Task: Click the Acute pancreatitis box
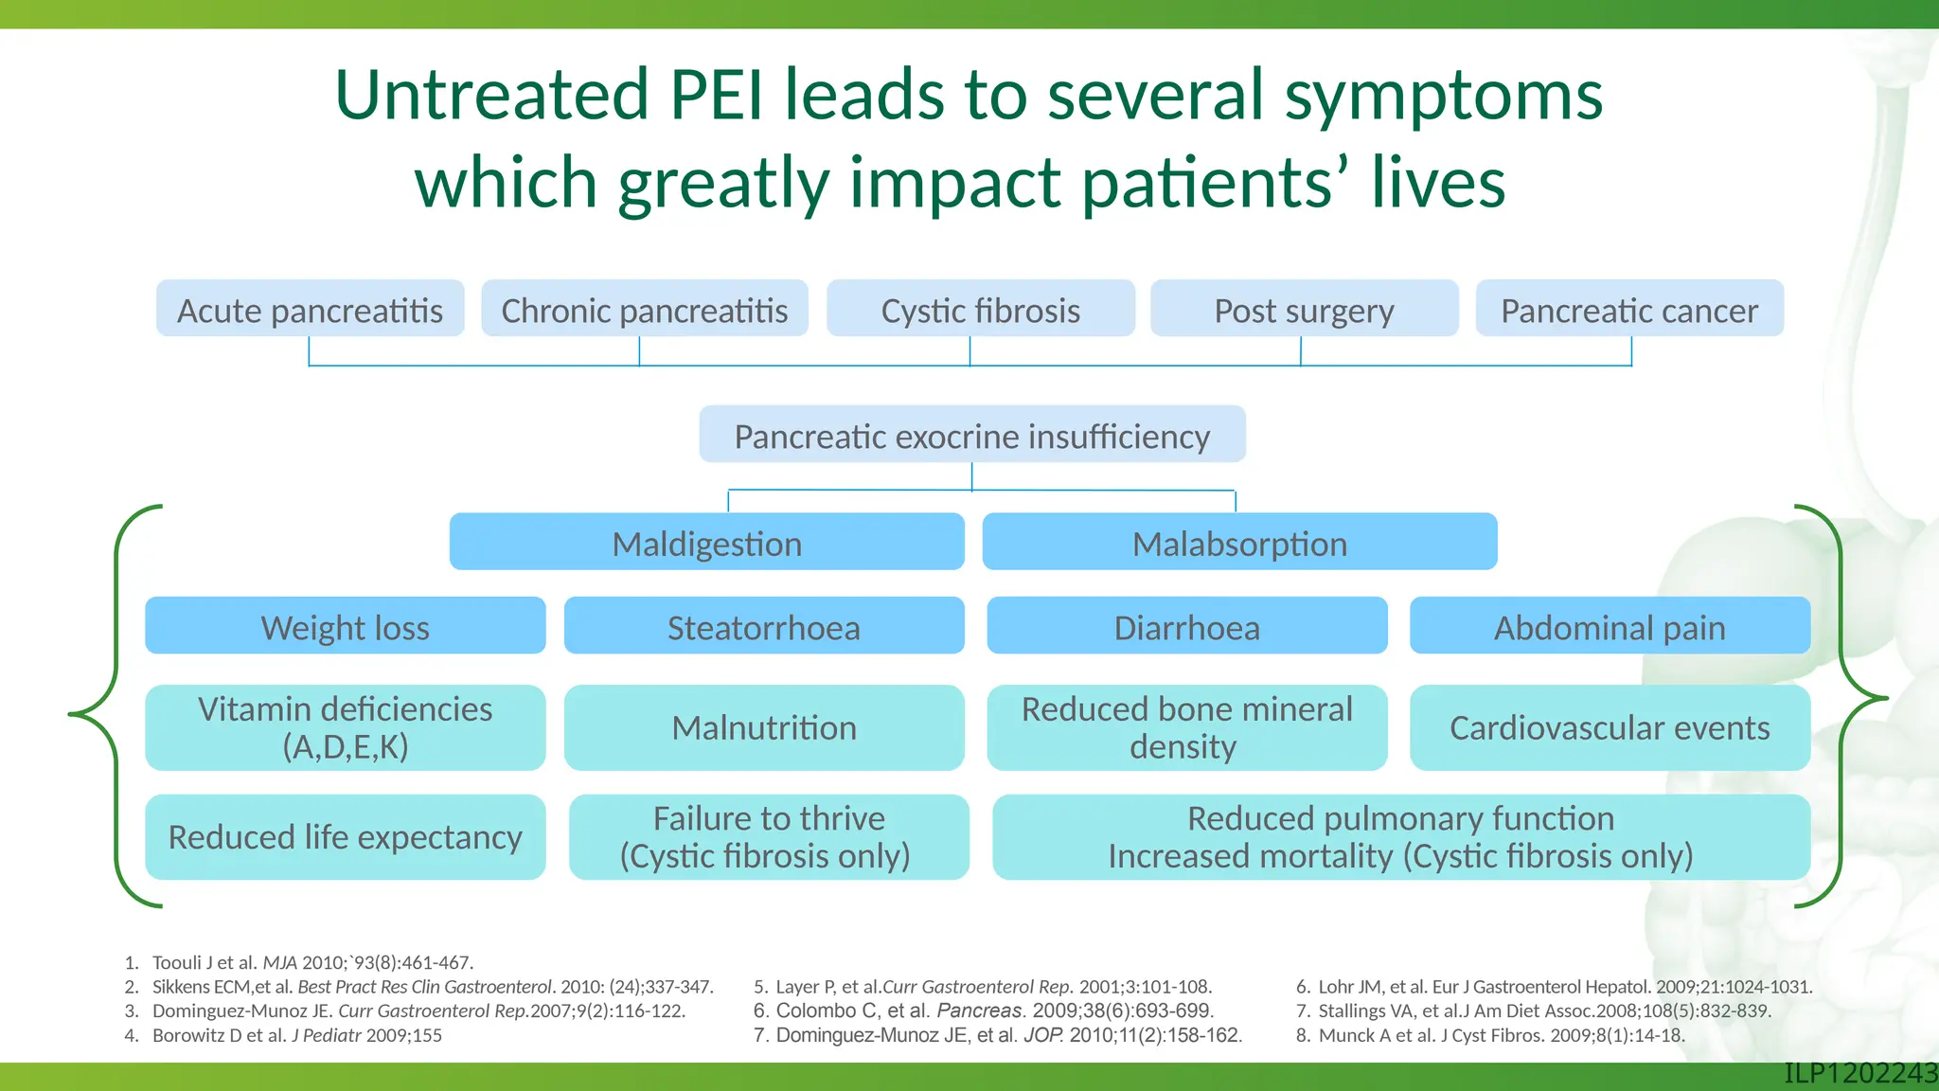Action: (310, 309)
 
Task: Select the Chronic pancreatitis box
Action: (644, 309)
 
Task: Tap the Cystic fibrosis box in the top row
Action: (980, 309)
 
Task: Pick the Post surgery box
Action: (1304, 309)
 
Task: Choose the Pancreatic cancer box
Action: (1628, 309)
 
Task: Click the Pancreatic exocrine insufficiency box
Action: (971, 435)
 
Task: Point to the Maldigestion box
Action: (706, 542)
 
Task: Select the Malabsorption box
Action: (1239, 542)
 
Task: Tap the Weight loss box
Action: (345, 626)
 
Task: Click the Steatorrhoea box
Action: (763, 626)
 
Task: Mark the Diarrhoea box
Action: (1186, 626)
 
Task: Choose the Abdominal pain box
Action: (1609, 626)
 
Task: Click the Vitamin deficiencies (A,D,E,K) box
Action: (345, 727)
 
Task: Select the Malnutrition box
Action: (763, 727)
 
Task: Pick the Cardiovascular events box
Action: (1609, 727)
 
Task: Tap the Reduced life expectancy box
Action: (345, 837)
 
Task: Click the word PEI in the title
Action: (716, 95)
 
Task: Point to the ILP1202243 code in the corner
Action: (1859, 1073)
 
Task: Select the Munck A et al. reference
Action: (1501, 1035)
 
